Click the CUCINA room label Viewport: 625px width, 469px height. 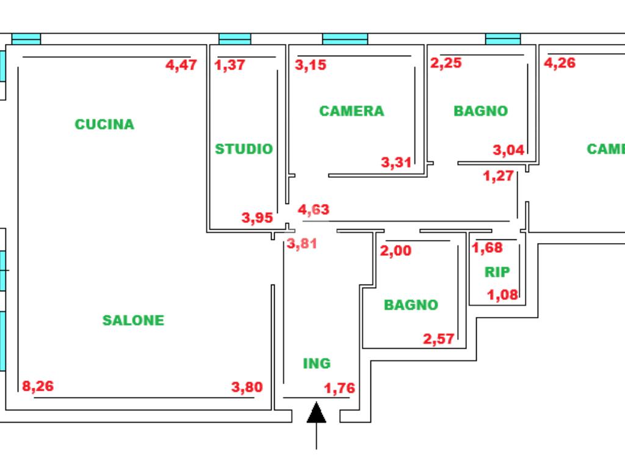104,125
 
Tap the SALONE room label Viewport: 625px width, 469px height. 133,320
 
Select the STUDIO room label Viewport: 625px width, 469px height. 244,149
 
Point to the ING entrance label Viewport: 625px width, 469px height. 317,363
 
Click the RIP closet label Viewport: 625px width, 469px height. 497,272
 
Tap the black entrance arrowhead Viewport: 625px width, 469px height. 317,412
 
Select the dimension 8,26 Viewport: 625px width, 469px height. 38,386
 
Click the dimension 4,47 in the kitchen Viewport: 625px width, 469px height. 181,65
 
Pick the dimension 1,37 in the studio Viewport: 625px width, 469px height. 229,65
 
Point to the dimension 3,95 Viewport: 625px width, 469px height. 257,218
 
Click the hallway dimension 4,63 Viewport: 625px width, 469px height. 314,209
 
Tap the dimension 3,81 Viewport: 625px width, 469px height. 302,243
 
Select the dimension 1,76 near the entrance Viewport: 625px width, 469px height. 339,388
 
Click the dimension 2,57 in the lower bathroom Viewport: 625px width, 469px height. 438,339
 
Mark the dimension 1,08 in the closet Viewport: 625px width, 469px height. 503,295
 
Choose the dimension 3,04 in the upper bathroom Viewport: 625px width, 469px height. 508,150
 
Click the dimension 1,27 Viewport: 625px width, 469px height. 498,175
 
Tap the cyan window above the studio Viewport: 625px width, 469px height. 235,39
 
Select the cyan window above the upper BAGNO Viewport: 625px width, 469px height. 503,39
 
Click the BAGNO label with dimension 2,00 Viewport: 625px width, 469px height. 411,305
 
